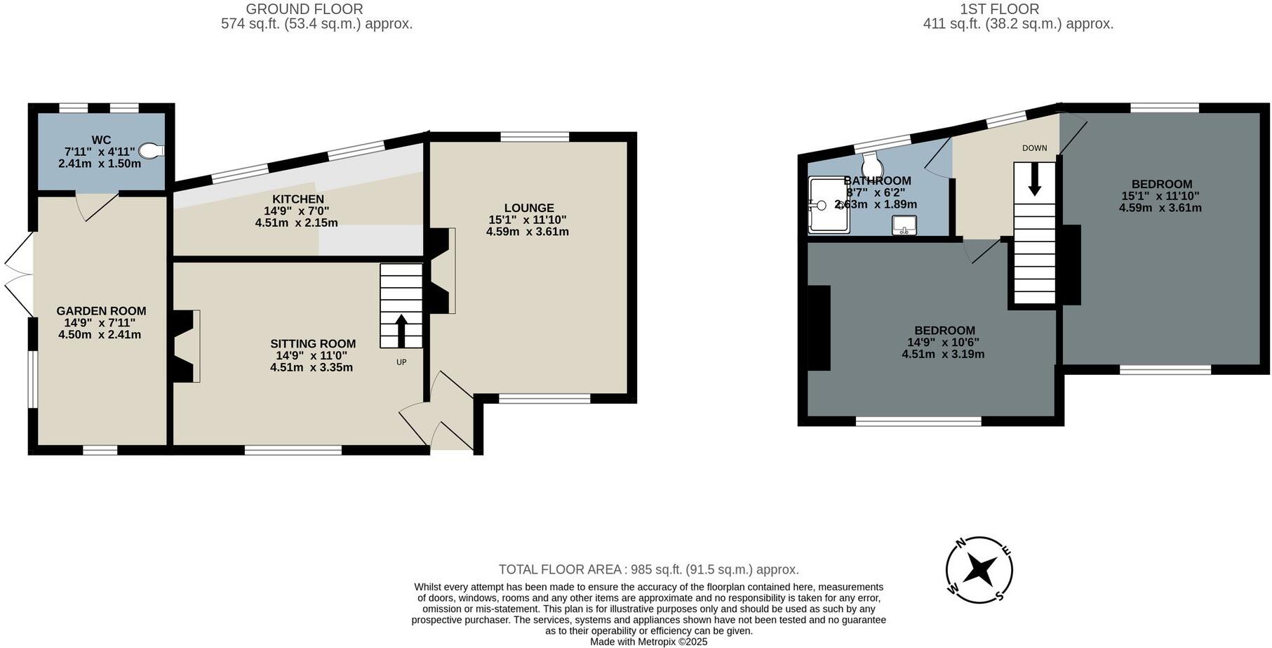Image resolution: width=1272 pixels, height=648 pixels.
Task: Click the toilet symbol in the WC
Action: (151, 150)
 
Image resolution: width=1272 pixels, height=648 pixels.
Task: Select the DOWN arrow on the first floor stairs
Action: (1034, 180)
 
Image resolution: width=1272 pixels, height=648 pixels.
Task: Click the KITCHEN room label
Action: (298, 199)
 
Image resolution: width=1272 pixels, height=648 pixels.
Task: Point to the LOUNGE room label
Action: (529, 208)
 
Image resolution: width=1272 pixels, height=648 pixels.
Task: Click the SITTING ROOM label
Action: (313, 344)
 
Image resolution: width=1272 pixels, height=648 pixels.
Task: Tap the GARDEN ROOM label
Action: (101, 311)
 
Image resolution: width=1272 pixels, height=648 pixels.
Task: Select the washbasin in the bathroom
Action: (904, 225)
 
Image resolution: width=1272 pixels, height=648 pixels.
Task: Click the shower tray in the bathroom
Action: (829, 205)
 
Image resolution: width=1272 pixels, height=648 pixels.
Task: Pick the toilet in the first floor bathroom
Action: (872, 164)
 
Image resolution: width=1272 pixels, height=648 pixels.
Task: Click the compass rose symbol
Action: (979, 569)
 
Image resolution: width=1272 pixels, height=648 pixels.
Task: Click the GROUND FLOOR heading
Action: (304, 9)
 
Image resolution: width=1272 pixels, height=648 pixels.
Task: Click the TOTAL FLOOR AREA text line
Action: (648, 569)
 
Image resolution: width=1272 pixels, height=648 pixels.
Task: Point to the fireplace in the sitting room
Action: (187, 346)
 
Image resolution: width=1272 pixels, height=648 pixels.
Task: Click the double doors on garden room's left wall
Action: (20, 275)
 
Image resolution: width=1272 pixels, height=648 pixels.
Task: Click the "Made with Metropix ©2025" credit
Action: (648, 642)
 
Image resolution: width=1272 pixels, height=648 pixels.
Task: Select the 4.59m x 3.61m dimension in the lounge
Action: (528, 232)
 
